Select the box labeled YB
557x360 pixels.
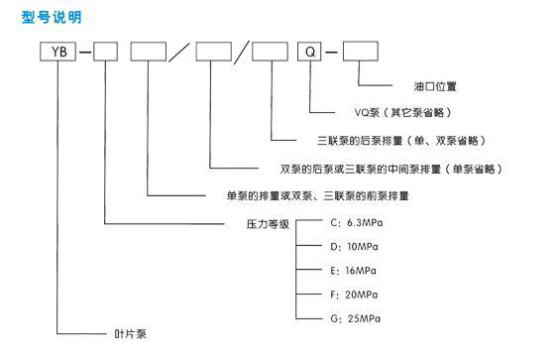point(59,51)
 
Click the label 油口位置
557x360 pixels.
point(433,85)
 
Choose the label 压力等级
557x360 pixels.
point(267,224)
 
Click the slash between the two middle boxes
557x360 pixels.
point(180,51)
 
